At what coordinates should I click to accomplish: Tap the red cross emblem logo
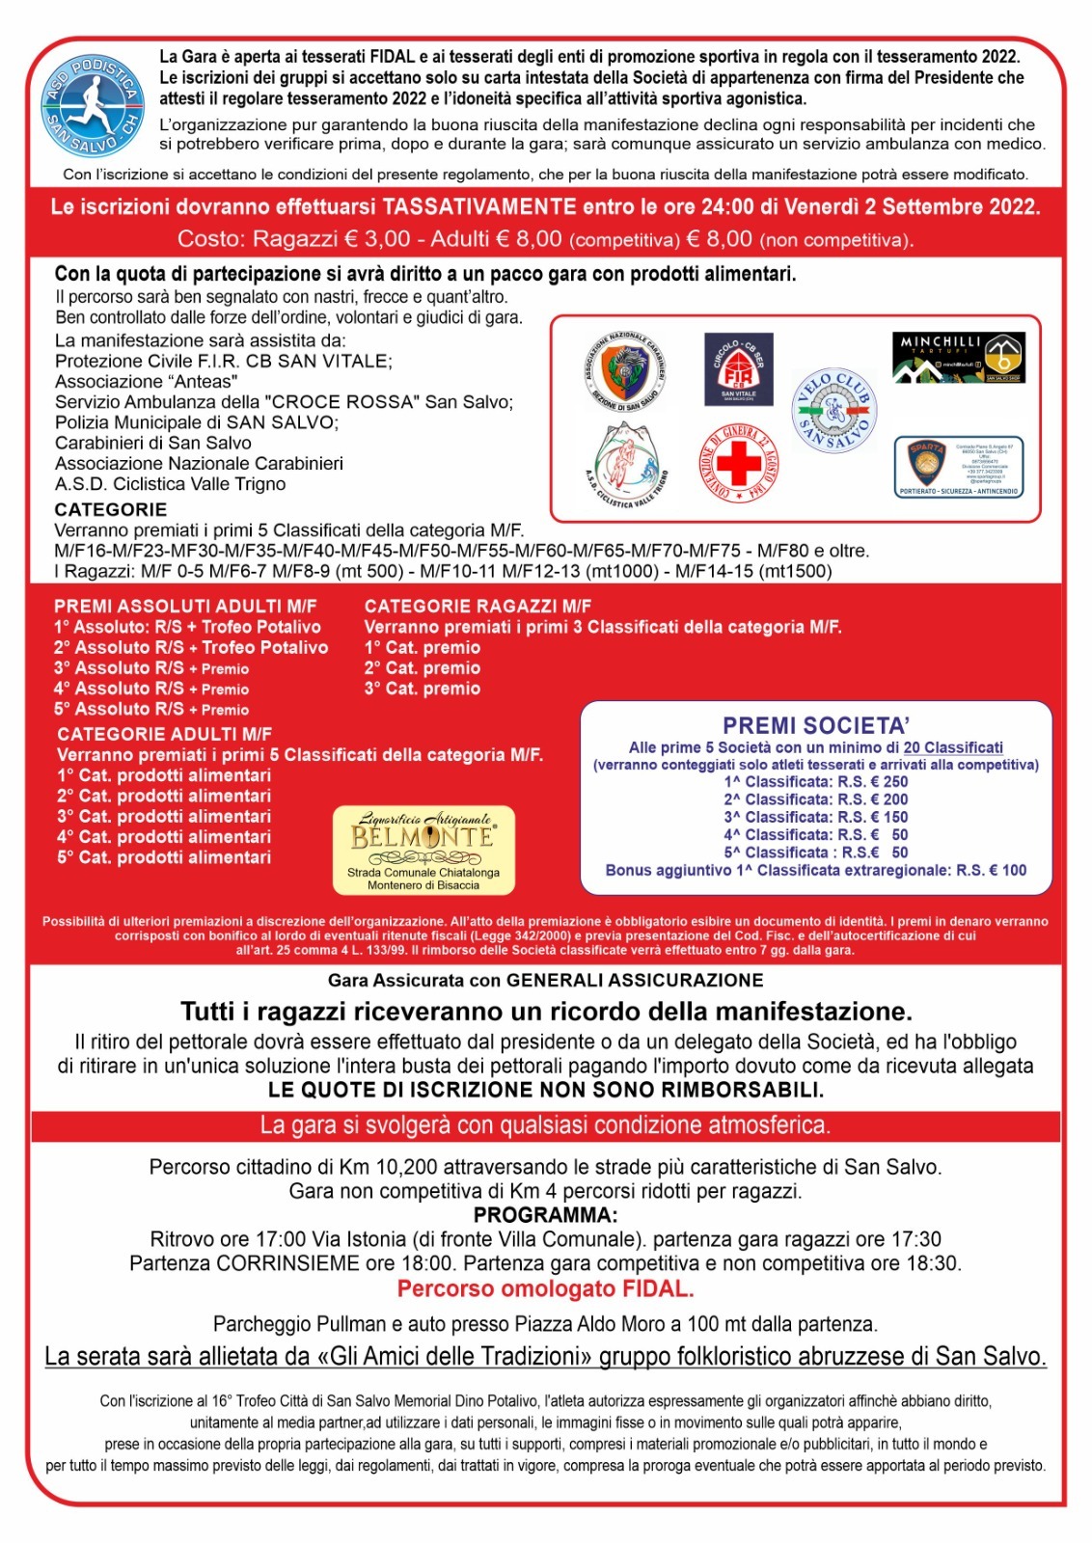click(x=738, y=464)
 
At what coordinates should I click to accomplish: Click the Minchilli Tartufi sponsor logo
click(x=958, y=358)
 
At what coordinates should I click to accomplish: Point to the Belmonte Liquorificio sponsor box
click(x=423, y=850)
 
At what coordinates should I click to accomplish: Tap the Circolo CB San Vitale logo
click(x=738, y=369)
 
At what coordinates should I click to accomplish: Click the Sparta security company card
click(x=958, y=466)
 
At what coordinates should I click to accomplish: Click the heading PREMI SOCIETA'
click(x=816, y=725)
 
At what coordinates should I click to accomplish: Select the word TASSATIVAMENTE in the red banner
click(x=479, y=206)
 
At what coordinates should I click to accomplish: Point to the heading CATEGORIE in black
click(x=111, y=509)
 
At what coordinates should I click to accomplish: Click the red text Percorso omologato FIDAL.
click(x=545, y=1288)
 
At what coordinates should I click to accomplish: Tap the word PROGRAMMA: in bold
click(x=545, y=1214)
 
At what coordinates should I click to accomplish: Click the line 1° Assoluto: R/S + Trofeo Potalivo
click(x=187, y=627)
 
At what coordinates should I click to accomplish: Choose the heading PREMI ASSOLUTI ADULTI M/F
click(x=185, y=606)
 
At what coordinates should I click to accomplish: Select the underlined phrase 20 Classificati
click(x=953, y=747)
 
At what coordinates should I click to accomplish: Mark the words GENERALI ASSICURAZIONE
click(x=635, y=980)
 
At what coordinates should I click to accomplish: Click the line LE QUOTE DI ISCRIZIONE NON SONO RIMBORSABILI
click(x=545, y=1090)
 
